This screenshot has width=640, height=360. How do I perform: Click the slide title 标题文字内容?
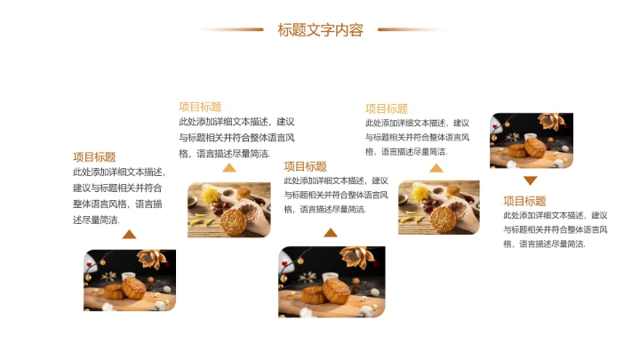click(x=320, y=30)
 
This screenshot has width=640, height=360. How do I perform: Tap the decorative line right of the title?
click(x=410, y=29)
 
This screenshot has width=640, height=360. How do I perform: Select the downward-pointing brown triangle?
click(x=530, y=180)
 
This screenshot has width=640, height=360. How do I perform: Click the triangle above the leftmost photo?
click(x=129, y=235)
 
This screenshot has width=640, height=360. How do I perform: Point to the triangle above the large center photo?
click(x=331, y=233)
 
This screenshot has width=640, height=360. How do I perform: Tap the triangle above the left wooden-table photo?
click(x=229, y=167)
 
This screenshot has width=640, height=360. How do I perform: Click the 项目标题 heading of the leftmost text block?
click(x=94, y=157)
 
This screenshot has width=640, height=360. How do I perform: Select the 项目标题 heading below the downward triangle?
click(x=524, y=201)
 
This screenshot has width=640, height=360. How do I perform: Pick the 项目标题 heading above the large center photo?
click(x=306, y=166)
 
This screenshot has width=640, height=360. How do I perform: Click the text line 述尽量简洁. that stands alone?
click(x=96, y=220)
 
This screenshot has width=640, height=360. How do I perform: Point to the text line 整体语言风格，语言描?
click(x=116, y=204)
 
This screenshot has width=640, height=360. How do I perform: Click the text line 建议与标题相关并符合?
click(x=116, y=188)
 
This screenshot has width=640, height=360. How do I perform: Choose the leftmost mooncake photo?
click(x=130, y=280)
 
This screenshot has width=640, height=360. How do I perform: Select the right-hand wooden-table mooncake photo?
click(x=438, y=207)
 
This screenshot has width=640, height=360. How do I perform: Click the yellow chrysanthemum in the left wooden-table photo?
click(x=207, y=194)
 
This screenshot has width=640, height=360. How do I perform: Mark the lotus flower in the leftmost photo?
click(x=156, y=259)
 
